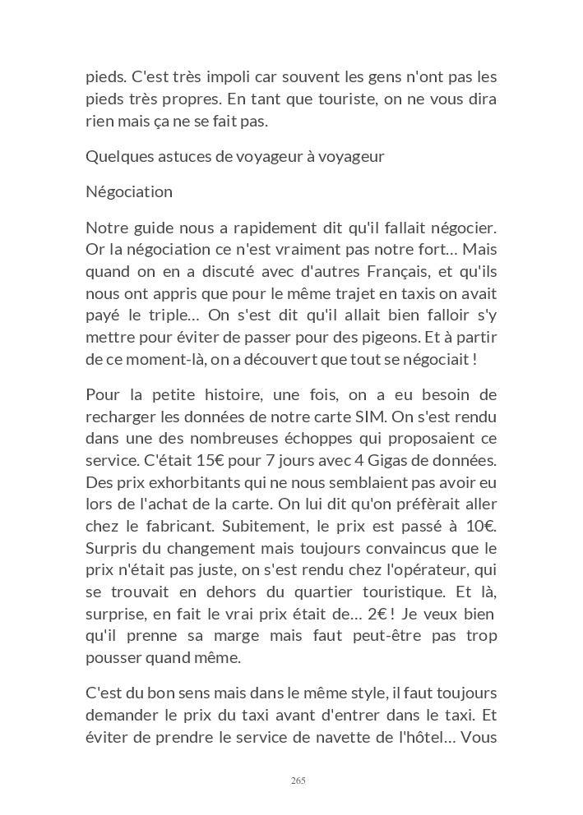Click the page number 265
coord(298,780)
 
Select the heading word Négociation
coord(129,192)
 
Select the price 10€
coord(479,526)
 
